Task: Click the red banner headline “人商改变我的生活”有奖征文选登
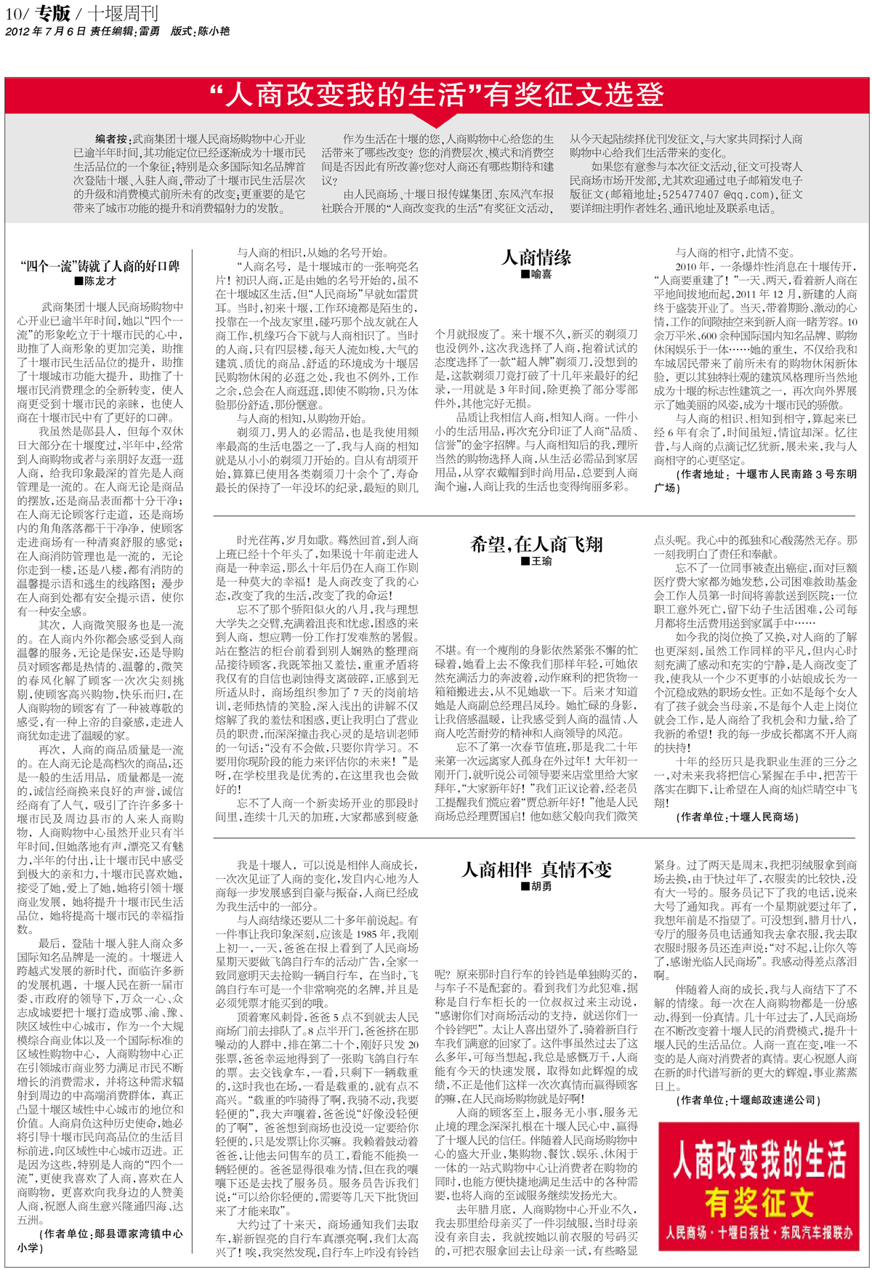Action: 436,95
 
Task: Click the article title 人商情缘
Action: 537,257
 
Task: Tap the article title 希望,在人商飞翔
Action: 537,544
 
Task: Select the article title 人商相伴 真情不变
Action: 537,869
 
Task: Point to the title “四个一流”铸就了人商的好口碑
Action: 100,266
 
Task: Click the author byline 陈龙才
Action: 95,281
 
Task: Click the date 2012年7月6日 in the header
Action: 45,31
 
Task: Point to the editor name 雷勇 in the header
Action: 150,31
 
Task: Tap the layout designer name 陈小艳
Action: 214,31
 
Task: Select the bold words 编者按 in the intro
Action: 112,139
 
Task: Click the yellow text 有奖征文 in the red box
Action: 759,1204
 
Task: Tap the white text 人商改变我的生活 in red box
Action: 759,1160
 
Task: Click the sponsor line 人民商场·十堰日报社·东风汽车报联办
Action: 759,1233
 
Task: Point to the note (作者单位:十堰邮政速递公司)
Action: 748,1101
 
